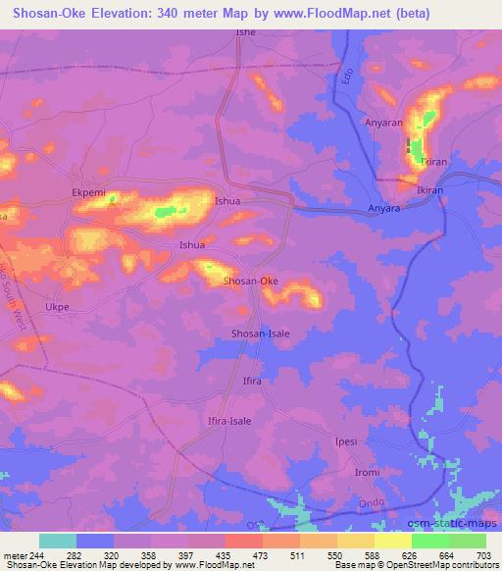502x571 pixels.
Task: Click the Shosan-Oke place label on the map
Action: click(251, 282)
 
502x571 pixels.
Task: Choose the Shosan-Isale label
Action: click(260, 333)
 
